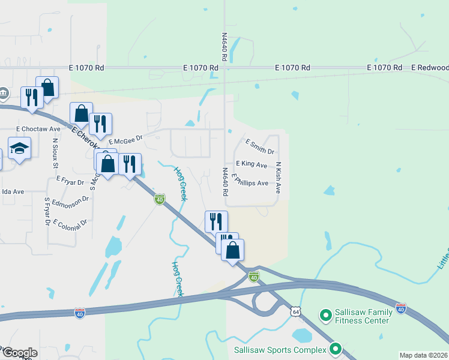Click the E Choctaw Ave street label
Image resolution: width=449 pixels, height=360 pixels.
38,128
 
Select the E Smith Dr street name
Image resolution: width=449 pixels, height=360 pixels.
260,146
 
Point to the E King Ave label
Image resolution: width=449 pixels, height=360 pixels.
252,164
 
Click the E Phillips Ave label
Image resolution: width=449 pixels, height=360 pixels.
250,180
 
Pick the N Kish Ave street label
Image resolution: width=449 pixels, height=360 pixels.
279,178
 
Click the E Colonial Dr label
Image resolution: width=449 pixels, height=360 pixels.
70,223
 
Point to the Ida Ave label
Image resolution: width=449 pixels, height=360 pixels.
13,191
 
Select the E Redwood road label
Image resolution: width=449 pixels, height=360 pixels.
430,68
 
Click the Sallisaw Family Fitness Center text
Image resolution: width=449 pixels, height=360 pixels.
364,316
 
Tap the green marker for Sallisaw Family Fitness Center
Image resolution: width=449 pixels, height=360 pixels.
326,314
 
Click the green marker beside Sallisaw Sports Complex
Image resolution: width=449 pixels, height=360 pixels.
335,348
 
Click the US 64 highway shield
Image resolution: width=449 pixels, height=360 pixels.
295,311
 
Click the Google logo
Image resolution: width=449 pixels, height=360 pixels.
19,353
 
